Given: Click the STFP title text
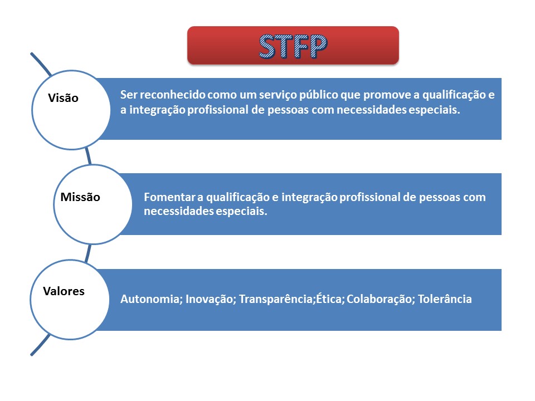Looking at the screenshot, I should pyautogui.click(x=293, y=46).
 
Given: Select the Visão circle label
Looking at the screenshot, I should pyautogui.click(x=64, y=98).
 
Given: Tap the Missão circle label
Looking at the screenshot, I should pyautogui.click(x=80, y=197).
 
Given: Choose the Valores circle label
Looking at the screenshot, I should pyautogui.click(x=64, y=291).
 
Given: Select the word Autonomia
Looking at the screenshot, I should pyautogui.click(x=146, y=299).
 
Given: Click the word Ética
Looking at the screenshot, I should pyautogui.click(x=329, y=299).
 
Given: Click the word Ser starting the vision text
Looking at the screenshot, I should pyautogui.click(x=128, y=95).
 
